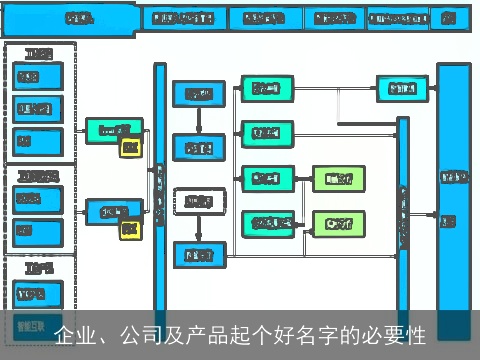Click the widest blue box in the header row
tap(70, 18)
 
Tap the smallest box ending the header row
tap(449, 18)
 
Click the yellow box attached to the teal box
tap(129, 148)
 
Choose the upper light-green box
tap(332, 179)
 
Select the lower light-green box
tap(332, 222)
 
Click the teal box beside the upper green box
tap(267, 179)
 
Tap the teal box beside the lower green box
tap(267, 222)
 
